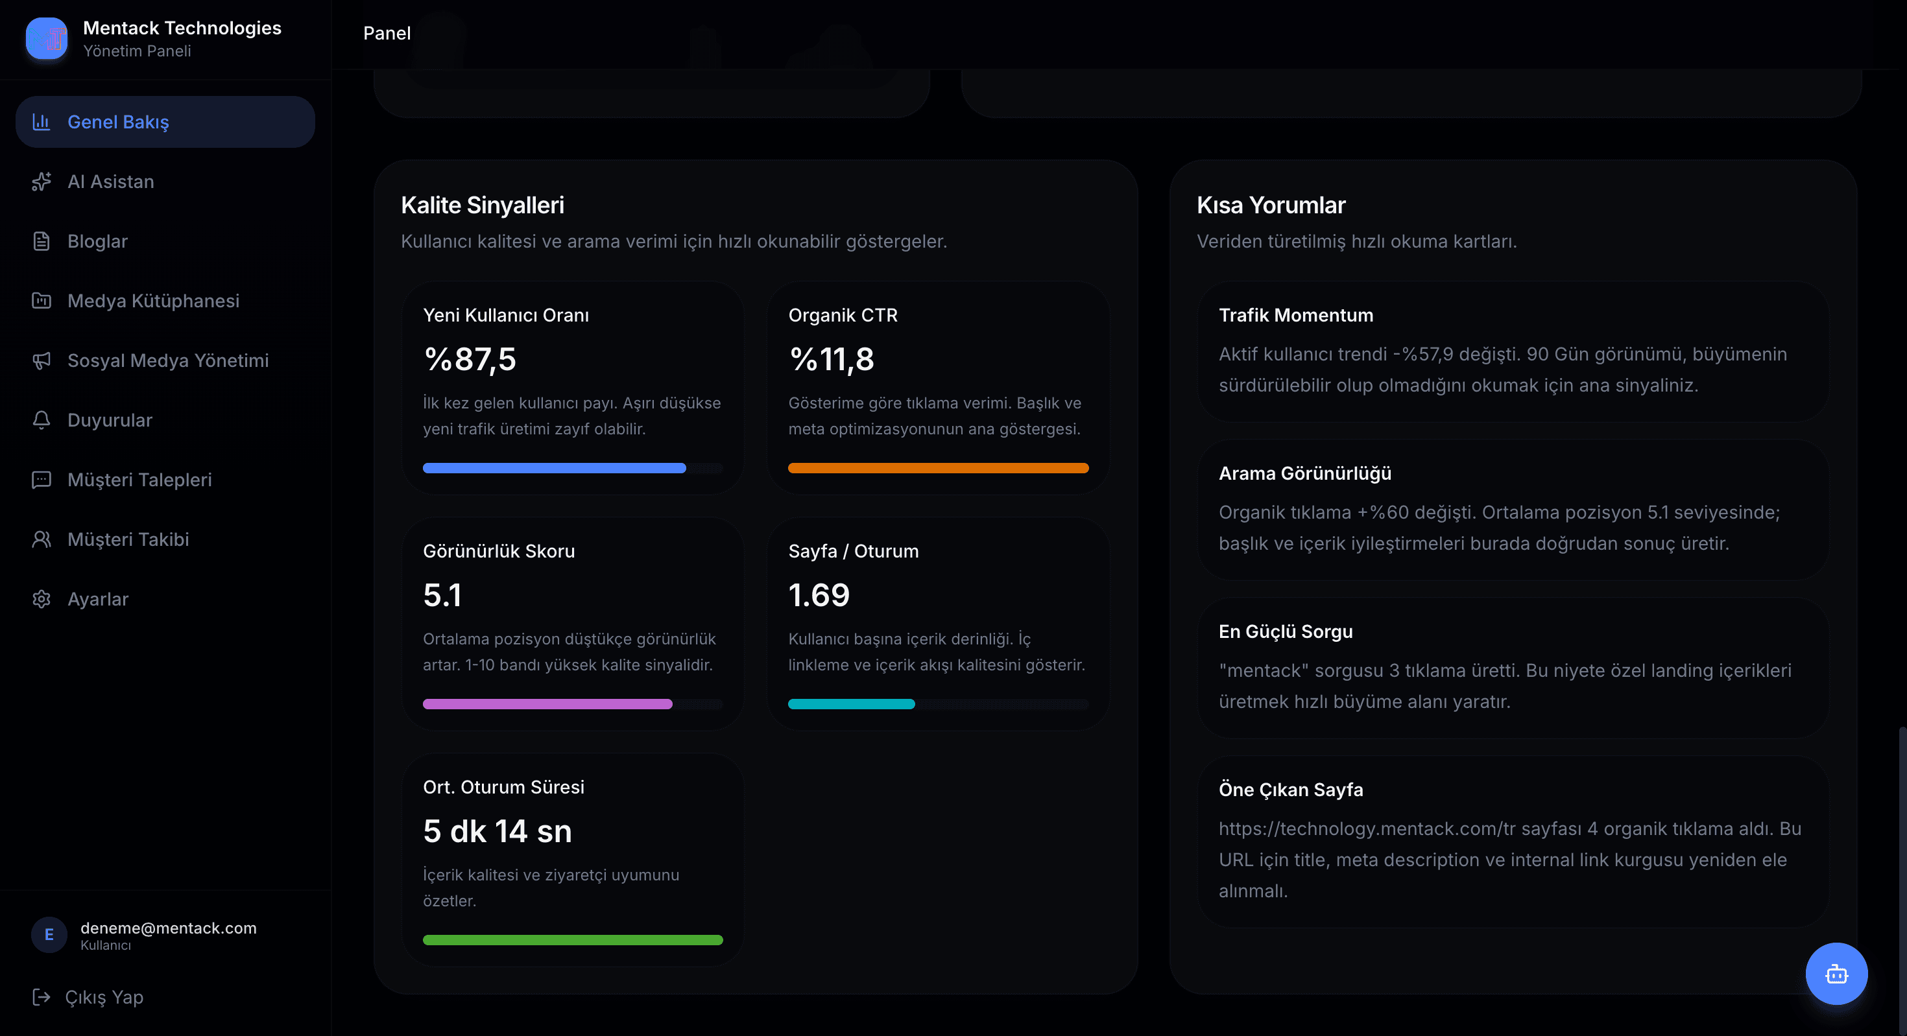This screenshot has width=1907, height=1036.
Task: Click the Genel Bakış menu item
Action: point(165,121)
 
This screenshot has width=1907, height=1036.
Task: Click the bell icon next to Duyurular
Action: point(42,420)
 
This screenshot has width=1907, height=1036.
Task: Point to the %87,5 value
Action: point(470,360)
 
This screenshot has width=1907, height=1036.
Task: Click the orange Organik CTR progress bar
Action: point(938,467)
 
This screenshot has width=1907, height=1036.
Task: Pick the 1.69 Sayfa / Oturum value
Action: point(819,595)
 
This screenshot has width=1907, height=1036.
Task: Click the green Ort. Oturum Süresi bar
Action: point(573,940)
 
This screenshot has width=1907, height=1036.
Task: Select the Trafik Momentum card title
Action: point(1295,315)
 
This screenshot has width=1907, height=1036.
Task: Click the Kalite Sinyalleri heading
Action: point(483,205)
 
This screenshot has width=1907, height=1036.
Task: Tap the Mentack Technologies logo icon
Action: point(47,38)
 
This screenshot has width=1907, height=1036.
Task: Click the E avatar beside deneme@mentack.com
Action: point(49,935)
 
